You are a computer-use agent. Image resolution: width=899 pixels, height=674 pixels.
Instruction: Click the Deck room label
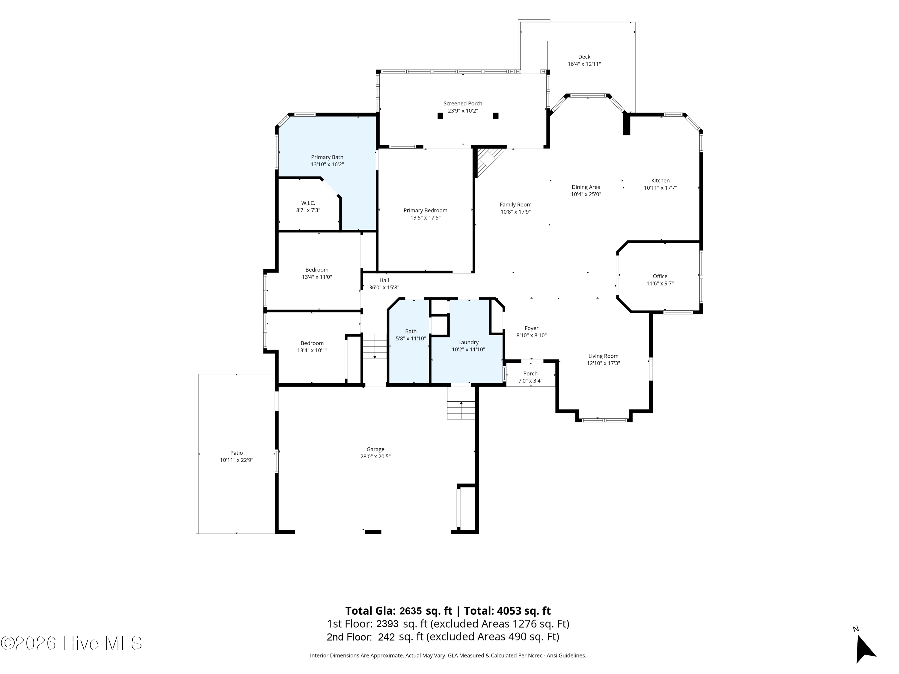[x=584, y=57]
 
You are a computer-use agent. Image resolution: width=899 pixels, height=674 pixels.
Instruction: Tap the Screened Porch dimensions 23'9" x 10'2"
[x=463, y=111]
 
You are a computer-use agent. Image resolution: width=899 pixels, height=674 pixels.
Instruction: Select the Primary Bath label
[x=327, y=157]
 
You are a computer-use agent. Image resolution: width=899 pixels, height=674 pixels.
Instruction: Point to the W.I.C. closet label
[x=308, y=203]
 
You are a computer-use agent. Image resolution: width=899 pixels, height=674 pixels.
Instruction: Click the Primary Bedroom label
[x=425, y=211]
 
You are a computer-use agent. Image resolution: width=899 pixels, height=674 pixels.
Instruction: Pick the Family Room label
[x=515, y=205]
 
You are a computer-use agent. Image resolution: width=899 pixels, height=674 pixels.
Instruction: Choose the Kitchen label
[x=660, y=181]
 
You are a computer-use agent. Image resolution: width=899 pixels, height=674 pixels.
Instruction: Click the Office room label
[x=660, y=276]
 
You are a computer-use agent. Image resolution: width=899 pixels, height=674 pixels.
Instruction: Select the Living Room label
[x=603, y=356]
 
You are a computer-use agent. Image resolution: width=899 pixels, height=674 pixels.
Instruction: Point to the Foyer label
[x=531, y=328]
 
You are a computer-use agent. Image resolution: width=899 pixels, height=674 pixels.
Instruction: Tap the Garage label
[x=375, y=449]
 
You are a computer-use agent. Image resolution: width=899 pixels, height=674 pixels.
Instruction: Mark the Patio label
[x=236, y=453]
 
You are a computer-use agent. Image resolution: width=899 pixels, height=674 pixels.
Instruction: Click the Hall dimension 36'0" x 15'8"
[x=384, y=288]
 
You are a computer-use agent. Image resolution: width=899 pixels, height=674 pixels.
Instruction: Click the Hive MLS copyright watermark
[x=71, y=643]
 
